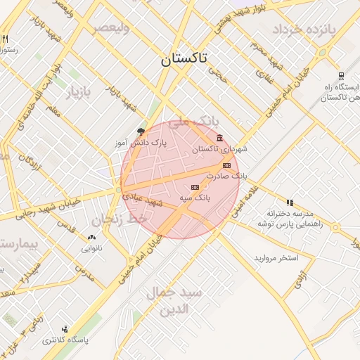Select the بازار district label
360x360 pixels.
79,92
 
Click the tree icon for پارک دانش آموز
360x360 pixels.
141,131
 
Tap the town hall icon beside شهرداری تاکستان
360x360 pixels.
220,137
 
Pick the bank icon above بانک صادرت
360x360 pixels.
226,165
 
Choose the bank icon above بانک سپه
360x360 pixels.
195,187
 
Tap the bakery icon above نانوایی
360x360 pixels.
91,237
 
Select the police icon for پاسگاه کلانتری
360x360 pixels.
65,328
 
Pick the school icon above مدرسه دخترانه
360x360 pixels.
289,202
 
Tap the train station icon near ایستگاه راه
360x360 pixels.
341,76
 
